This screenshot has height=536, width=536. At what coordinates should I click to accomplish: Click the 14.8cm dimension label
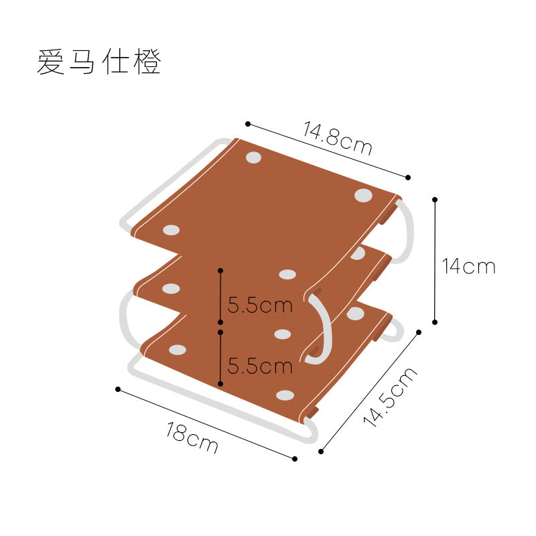tap(338, 138)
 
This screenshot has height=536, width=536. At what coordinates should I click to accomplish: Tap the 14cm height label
tap(468, 266)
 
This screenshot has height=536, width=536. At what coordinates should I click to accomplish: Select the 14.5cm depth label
tap(390, 397)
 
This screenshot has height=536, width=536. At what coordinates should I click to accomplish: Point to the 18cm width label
tap(192, 438)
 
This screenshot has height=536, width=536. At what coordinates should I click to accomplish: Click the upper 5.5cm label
tap(260, 305)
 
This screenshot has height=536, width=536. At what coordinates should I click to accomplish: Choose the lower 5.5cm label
tap(260, 366)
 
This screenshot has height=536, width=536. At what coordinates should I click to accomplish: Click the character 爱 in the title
tap(51, 62)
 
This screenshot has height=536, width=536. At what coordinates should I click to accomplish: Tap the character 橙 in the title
tap(147, 62)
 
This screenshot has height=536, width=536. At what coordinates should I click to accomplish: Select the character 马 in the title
tap(82, 62)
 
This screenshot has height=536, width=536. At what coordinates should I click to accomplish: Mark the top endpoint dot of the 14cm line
tap(435, 200)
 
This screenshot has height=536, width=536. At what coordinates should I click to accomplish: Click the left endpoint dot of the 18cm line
tap(118, 389)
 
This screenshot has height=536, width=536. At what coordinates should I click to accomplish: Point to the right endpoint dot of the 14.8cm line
tap(408, 178)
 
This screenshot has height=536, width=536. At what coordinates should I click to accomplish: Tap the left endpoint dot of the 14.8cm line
tap(248, 124)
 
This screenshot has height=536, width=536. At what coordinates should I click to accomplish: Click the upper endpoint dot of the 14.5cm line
tap(419, 332)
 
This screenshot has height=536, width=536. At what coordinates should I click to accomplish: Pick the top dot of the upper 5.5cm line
tap(220, 271)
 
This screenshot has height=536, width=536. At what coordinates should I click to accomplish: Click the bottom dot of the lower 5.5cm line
tap(220, 384)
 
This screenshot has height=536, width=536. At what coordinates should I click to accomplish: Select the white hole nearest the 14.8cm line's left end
tap(254, 157)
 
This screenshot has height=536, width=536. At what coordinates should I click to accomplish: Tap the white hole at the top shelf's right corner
tap(363, 195)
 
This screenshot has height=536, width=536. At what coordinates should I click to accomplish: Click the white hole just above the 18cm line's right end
tap(285, 395)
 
